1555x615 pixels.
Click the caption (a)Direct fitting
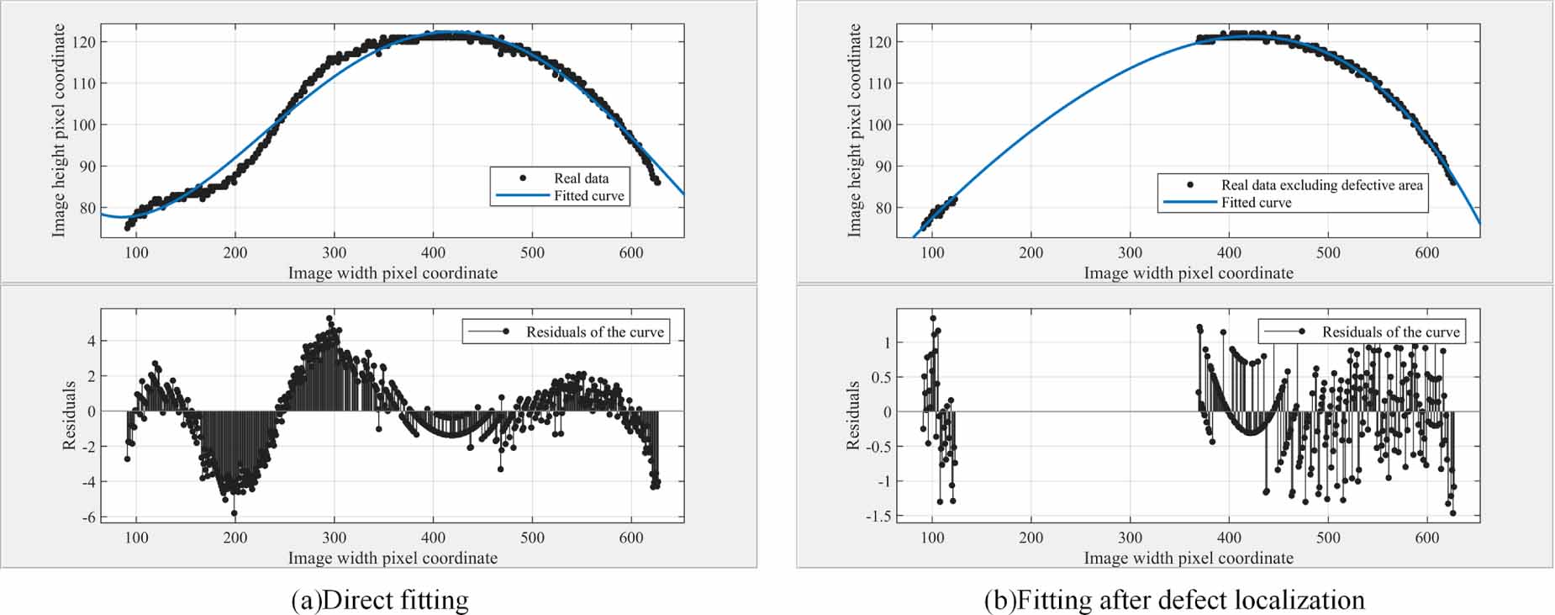point(379,600)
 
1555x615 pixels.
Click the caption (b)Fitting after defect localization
point(1174,600)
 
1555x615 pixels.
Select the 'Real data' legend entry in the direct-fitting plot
point(581,178)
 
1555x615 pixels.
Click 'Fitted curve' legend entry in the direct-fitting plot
point(588,196)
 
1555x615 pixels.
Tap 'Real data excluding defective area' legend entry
point(1321,185)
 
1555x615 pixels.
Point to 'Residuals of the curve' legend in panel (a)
point(594,332)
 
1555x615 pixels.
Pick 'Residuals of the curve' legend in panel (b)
point(1390,332)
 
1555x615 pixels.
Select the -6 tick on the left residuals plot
point(88,517)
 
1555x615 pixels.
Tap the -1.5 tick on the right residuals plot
point(878,517)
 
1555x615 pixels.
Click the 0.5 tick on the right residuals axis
point(880,377)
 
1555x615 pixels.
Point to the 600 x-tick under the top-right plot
point(1426,252)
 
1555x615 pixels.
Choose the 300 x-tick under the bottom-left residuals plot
point(334,538)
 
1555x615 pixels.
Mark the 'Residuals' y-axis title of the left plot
point(69,415)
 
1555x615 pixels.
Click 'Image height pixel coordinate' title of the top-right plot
point(854,130)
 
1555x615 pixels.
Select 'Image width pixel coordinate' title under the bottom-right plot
point(1188,558)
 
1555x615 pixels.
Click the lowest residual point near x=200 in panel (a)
point(234,512)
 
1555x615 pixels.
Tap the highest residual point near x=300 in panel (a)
point(329,319)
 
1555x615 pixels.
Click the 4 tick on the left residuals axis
point(92,342)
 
